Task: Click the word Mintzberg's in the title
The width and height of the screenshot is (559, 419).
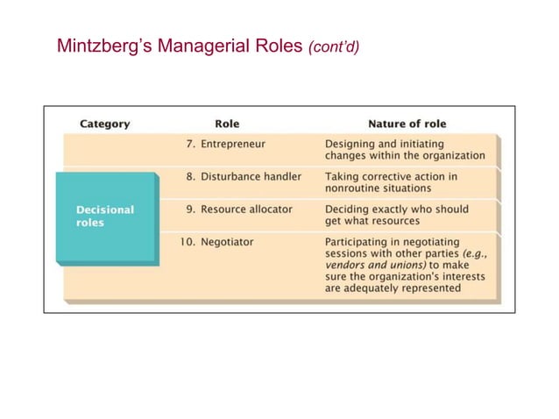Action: pos(96,45)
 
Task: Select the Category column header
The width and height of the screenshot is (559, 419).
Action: pos(104,124)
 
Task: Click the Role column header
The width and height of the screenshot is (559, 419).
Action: pos(227,124)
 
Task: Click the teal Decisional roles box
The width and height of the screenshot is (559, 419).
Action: pos(106,217)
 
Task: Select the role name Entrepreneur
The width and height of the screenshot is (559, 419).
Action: pos(236,143)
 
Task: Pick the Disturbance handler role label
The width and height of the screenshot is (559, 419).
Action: pos(251,176)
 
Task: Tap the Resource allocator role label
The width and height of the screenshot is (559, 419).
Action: pos(249,209)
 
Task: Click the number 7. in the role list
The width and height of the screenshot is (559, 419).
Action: pos(188,143)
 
